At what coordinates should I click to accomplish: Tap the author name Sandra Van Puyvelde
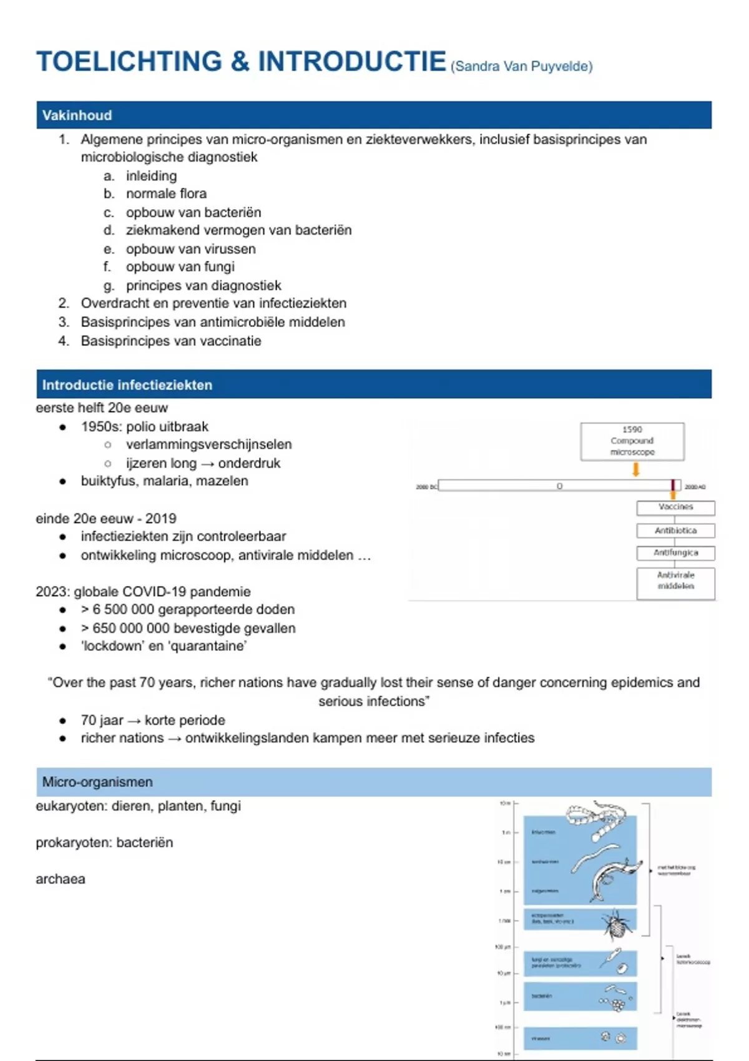(x=521, y=67)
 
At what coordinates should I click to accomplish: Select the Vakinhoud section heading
(x=77, y=115)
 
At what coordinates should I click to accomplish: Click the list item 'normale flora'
(x=166, y=193)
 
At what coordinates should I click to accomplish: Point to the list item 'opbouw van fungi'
(x=180, y=266)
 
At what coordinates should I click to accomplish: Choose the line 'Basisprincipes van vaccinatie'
(x=171, y=341)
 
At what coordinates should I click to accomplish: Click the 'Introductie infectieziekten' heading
(x=127, y=385)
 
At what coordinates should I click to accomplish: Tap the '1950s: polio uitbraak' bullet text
(x=145, y=426)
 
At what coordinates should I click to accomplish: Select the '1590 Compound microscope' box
(x=632, y=441)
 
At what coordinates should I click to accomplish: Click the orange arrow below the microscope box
(x=635, y=469)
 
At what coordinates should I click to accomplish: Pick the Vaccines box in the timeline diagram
(x=675, y=507)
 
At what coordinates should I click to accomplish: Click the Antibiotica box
(x=675, y=530)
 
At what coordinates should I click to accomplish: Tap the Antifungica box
(x=675, y=553)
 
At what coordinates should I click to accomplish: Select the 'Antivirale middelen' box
(x=675, y=581)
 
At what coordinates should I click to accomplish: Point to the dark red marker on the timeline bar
(x=673, y=486)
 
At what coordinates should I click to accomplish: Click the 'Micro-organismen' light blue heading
(x=97, y=782)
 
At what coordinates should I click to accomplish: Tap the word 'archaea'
(x=61, y=879)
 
